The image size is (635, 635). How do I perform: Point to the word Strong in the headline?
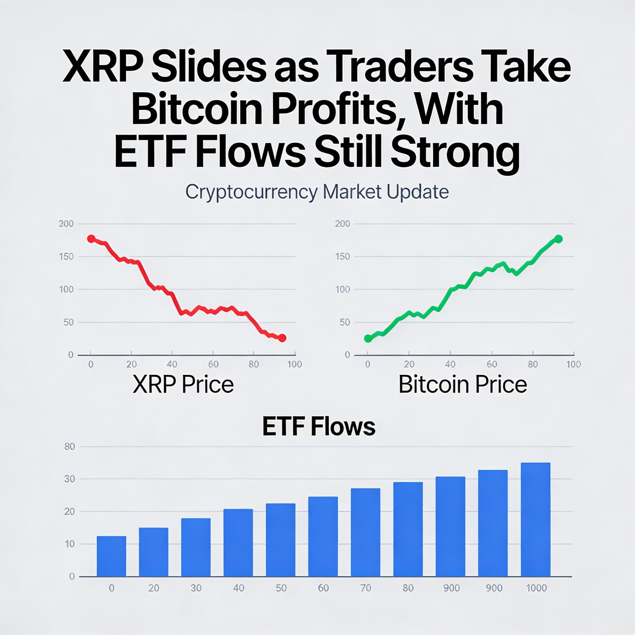coord(455,153)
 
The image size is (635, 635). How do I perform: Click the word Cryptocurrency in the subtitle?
coord(251,192)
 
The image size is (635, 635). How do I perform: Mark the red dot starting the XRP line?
coord(91,239)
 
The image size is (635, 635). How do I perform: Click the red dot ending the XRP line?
coord(282,338)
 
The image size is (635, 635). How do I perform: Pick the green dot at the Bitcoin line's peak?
coord(558,239)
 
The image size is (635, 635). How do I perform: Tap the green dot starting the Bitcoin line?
coord(368,339)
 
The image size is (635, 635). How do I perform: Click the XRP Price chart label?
coord(183,384)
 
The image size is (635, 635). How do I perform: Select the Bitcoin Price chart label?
coord(463,384)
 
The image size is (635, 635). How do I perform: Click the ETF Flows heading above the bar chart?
coord(318,427)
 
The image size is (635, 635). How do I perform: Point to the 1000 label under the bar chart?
coord(536,588)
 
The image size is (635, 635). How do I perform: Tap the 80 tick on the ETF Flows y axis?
coord(70,447)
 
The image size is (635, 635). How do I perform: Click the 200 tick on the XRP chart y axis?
coord(66,224)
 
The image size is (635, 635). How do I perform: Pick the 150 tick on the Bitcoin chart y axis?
coord(343,257)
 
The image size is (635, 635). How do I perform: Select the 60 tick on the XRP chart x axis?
coord(213,364)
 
